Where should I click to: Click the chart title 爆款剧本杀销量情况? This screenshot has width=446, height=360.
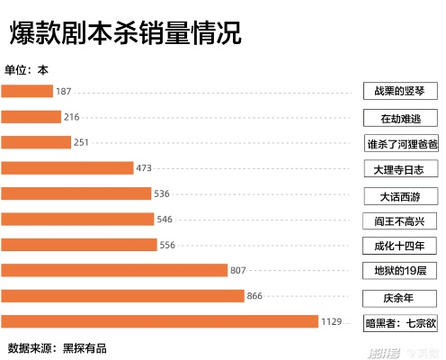point(125,33)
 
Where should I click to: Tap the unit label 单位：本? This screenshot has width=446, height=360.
point(28,70)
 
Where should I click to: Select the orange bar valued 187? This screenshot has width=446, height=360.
point(27,91)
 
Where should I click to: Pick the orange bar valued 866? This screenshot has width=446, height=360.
point(123,296)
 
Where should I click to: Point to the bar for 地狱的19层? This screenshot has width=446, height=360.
point(114,270)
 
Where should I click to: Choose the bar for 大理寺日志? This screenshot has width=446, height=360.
point(67,168)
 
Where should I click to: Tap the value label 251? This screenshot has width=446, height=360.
point(82,142)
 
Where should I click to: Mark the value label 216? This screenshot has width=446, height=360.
point(72,117)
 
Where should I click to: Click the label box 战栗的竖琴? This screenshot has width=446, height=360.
point(400,91)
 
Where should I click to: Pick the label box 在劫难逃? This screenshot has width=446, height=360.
point(400,118)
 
